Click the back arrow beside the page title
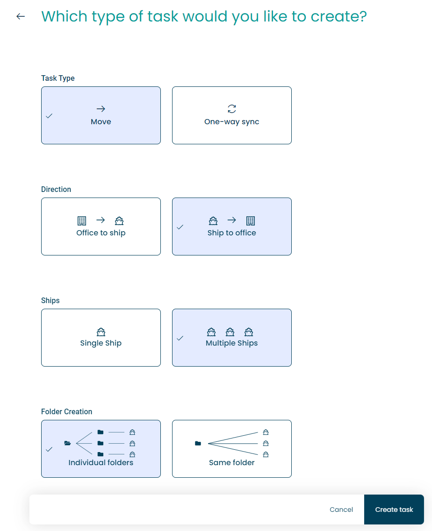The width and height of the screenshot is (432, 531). point(21,16)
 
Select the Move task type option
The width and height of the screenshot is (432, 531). point(101,115)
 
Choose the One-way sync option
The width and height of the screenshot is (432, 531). point(232,115)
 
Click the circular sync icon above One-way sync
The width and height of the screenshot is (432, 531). point(232,109)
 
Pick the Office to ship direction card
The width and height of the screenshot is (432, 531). point(101,227)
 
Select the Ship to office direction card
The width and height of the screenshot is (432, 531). point(232,227)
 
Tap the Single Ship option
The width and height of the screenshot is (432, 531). point(101,338)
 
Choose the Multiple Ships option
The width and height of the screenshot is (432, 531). point(232,338)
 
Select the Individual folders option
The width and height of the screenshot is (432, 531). point(101,449)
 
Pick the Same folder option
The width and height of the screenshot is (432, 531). point(232,449)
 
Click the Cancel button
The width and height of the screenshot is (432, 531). point(341,510)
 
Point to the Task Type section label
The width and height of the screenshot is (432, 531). point(58,78)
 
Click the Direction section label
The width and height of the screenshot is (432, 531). point(56,189)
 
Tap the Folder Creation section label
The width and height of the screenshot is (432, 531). point(67,411)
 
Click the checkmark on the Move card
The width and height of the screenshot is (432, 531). point(49,116)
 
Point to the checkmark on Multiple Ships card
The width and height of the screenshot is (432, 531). point(180,338)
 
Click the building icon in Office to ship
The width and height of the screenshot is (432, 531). point(82,221)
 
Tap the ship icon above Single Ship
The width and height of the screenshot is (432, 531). point(101,332)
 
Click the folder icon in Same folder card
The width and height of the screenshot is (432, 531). point(198,443)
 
